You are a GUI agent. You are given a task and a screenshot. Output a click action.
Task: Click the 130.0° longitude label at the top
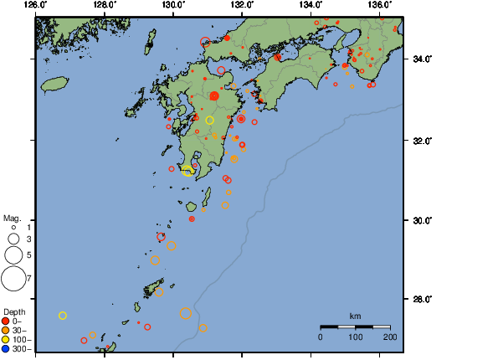pyautogui.click(x=173, y=5)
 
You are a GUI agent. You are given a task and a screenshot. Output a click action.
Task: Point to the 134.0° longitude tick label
pyautogui.click(x=311, y=5)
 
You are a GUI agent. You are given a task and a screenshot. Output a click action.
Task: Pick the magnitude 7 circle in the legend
pyautogui.click(x=13, y=276)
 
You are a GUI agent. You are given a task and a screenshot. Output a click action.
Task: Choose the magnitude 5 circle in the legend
pyautogui.click(x=13, y=254)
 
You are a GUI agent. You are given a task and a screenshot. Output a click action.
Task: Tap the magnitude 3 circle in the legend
pyautogui.click(x=13, y=239)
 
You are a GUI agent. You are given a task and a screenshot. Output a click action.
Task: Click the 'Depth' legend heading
pyautogui.click(x=13, y=311)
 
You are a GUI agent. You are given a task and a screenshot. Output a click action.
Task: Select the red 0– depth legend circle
pyautogui.click(x=6, y=321)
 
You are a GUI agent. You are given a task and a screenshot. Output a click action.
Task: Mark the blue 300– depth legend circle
pyautogui.click(x=6, y=348)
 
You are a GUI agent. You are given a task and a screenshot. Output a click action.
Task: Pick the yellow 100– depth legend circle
pyautogui.click(x=6, y=339)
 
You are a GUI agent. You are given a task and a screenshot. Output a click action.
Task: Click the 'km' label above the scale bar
pyautogui.click(x=355, y=316)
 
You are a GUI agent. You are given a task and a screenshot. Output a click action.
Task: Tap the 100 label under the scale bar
pyautogui.click(x=355, y=336)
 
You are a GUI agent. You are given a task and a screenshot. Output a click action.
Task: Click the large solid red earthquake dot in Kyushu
pyautogui.click(x=214, y=96)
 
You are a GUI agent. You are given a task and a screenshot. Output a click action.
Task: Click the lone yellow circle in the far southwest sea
pyautogui.click(x=63, y=315)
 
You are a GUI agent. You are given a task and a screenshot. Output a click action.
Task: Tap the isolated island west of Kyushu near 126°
pyautogui.click(x=54, y=84)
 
